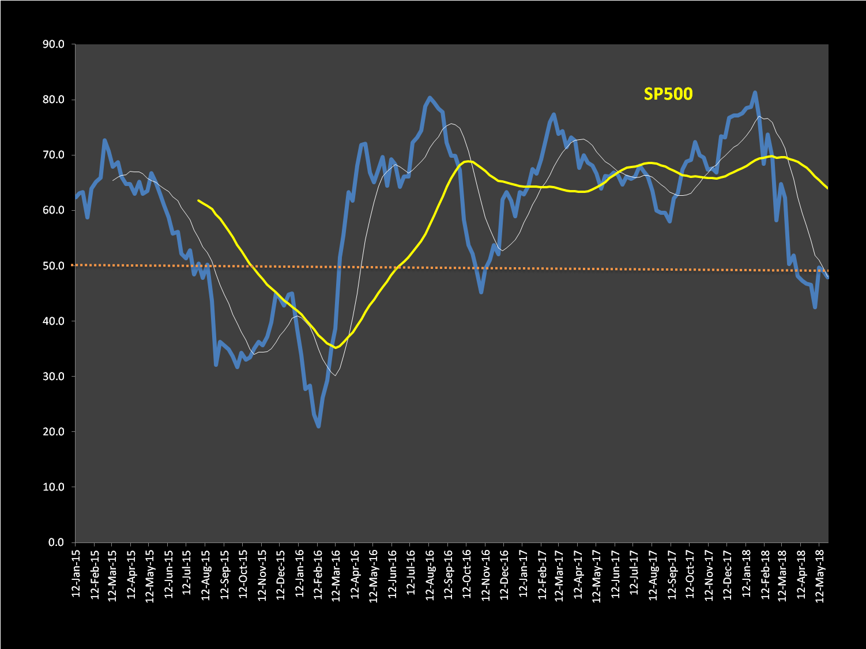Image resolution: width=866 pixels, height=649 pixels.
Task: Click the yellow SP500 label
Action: (668, 94)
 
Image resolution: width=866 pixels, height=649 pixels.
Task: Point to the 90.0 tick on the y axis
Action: (53, 45)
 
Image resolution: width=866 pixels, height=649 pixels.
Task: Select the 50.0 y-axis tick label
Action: (53, 266)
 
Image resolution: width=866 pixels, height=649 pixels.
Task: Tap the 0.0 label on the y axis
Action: (56, 542)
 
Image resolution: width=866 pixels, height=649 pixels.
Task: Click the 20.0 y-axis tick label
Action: (53, 432)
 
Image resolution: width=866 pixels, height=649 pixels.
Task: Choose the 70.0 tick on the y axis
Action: (53, 155)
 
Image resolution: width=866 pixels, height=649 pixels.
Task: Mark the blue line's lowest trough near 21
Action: (318, 426)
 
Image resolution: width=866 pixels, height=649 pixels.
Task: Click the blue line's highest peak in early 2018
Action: (755, 92)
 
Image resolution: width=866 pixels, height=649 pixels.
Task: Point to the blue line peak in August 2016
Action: (430, 98)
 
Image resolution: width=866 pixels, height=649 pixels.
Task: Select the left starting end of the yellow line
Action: (198, 200)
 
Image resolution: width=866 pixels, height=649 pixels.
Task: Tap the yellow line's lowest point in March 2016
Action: (336, 347)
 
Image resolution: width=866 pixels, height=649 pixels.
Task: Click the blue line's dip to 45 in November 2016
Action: (481, 292)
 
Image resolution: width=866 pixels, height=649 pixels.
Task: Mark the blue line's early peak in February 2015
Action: (104, 140)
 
